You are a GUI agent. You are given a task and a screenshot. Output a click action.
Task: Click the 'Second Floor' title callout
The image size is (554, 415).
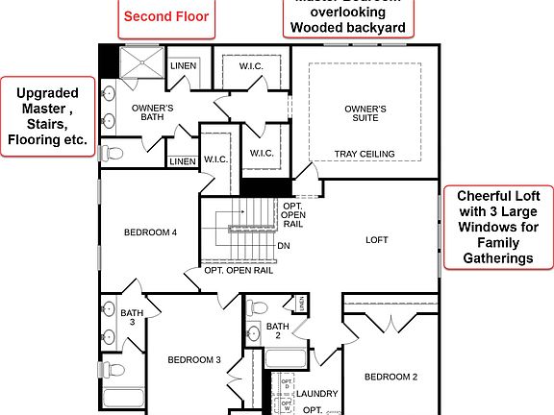tap(166, 16)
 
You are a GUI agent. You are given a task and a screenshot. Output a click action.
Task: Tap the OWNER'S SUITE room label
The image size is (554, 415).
tap(365, 113)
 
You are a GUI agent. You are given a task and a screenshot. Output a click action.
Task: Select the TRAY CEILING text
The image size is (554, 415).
tap(365, 154)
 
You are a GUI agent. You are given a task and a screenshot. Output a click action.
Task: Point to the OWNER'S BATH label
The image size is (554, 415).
tap(152, 113)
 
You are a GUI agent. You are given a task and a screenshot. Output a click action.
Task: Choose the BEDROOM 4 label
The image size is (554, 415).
tap(150, 232)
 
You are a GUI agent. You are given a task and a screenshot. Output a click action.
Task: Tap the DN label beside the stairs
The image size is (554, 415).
tap(284, 246)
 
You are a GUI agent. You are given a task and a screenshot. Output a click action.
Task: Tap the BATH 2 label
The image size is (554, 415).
tap(278, 330)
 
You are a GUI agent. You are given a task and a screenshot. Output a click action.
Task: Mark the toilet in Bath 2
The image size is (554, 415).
tap(256, 309)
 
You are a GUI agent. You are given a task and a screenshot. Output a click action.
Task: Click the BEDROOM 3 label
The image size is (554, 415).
tap(194, 360)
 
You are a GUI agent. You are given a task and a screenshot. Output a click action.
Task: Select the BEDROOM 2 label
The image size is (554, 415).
tap(390, 377)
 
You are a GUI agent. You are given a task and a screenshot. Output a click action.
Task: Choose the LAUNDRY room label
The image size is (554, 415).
tap(317, 394)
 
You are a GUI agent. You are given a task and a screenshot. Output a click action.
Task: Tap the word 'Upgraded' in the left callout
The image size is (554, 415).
tap(47, 93)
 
